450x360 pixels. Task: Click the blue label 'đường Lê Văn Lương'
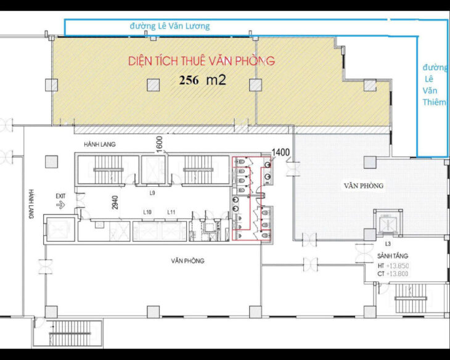tap(170, 26)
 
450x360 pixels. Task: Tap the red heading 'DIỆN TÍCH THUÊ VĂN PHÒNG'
tap(201, 61)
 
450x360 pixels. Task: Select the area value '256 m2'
tap(203, 80)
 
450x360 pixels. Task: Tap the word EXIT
tap(60, 197)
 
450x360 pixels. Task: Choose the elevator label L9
tap(152, 194)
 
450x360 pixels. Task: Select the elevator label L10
tap(148, 213)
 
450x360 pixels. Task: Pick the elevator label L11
tap(172, 213)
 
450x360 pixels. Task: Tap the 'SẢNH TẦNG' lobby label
tap(393, 255)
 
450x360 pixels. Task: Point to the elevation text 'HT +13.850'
tap(393, 266)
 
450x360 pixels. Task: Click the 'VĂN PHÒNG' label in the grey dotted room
tap(364, 186)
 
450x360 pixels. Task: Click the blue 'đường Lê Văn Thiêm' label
tap(434, 84)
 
